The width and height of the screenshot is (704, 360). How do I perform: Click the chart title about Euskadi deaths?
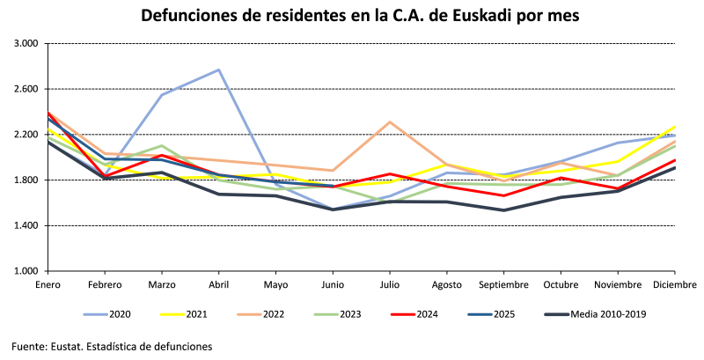click(x=352, y=17)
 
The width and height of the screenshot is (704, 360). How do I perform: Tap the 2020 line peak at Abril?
click(x=218, y=70)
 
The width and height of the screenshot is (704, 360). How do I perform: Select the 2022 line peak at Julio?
click(x=389, y=122)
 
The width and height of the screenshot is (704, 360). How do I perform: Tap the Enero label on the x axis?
click(x=48, y=284)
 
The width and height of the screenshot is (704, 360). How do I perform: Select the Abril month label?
click(x=218, y=284)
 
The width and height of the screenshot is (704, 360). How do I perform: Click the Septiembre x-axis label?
click(x=503, y=284)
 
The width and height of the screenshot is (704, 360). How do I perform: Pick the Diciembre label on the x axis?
click(x=674, y=284)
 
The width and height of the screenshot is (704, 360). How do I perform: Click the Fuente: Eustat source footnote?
click(x=112, y=347)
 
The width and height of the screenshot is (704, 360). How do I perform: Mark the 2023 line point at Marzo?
click(x=161, y=146)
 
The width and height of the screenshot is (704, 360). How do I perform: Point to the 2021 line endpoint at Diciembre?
click(x=675, y=126)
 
